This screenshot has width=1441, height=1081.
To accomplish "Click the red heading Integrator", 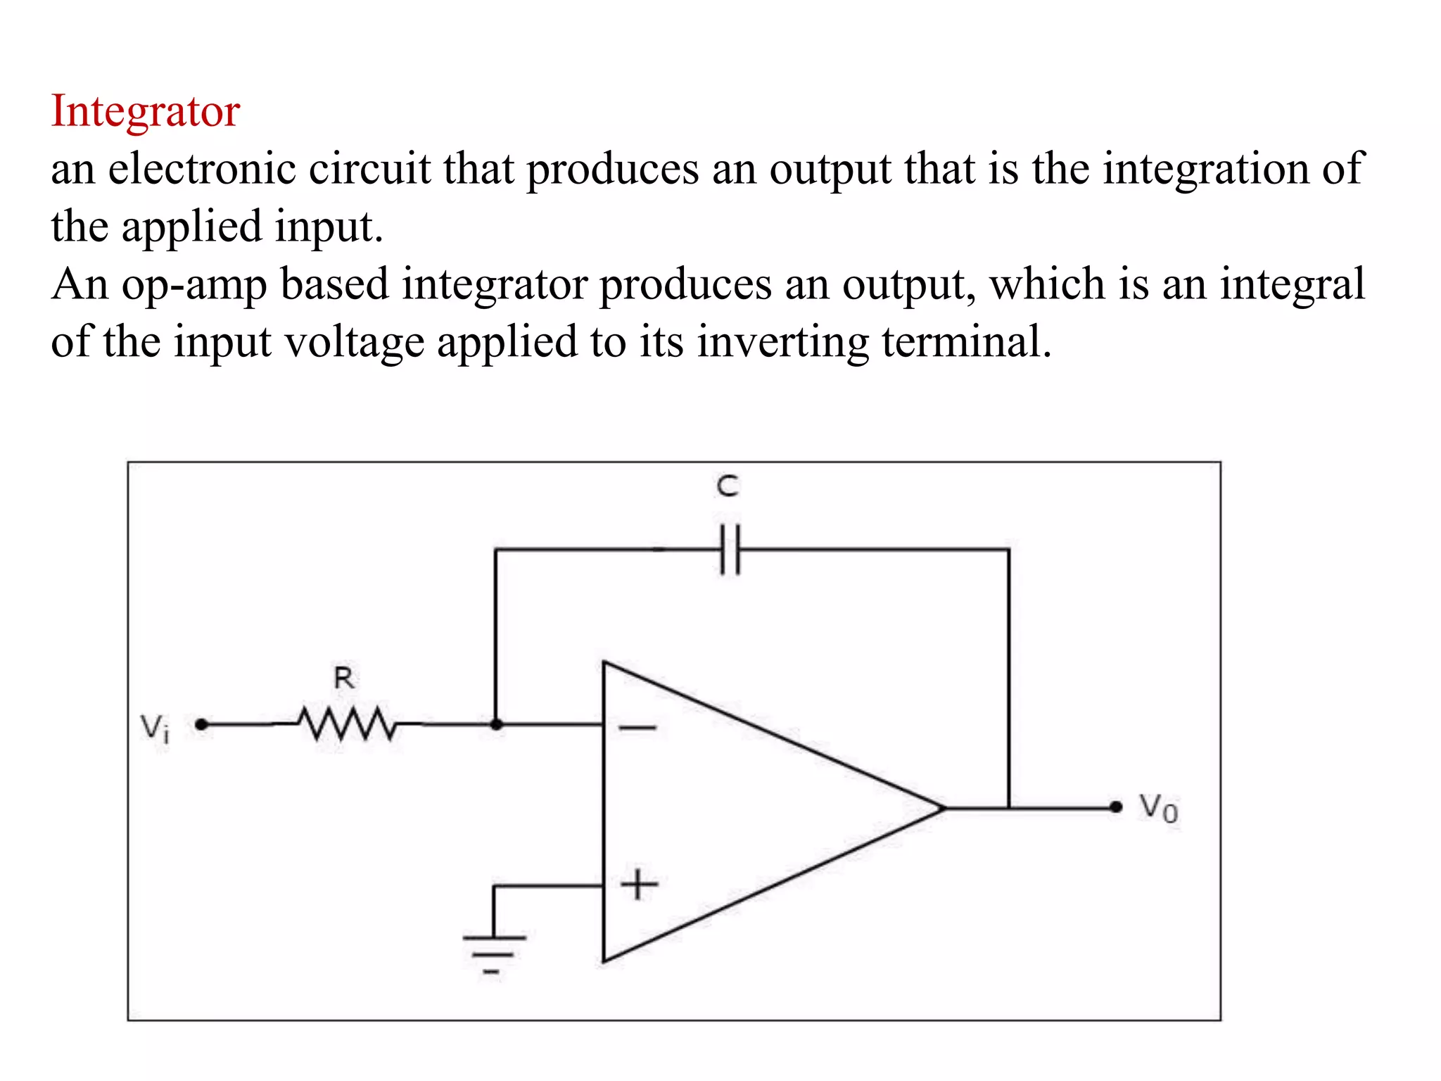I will coord(146,112).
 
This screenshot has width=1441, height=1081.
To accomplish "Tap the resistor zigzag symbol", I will coord(346,723).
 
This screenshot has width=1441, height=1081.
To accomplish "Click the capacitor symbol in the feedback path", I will coord(730,549).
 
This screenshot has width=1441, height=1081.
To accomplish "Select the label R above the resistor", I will coord(344,678).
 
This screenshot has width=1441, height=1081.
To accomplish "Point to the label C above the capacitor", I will coord(728,486).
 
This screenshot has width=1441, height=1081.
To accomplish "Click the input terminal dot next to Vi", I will coord(201,724).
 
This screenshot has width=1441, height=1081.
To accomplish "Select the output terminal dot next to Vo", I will coord(1116,807).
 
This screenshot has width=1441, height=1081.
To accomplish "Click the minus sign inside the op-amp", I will coord(637,728).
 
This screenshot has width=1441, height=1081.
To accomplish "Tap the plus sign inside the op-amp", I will coord(639,885).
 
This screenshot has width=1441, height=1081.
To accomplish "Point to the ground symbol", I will coord(493,953).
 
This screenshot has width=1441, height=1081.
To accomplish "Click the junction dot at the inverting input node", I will coord(496,724).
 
